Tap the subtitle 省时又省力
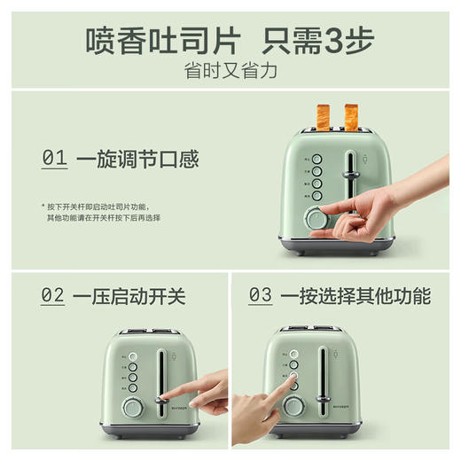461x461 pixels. [230, 72]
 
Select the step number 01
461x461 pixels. [54, 159]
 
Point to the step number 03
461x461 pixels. [260, 295]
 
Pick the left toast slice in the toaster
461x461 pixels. [322, 114]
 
